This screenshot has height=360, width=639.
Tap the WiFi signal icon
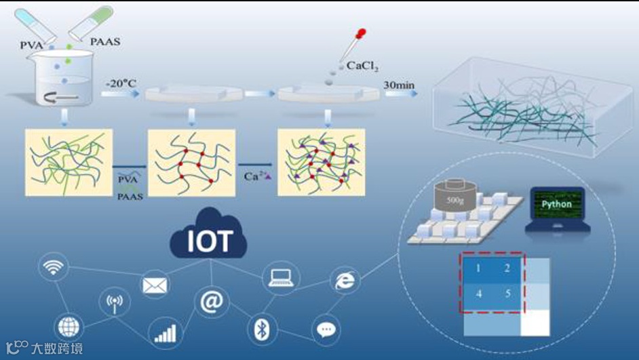(x=53, y=268)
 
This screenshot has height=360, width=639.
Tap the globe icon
(x=69, y=327)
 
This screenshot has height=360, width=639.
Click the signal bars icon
(x=165, y=333)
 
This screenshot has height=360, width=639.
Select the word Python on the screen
(x=556, y=204)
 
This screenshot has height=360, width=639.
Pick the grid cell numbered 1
(x=478, y=268)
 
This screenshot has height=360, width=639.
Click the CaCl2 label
(x=362, y=67)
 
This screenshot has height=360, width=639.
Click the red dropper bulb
(x=360, y=33)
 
